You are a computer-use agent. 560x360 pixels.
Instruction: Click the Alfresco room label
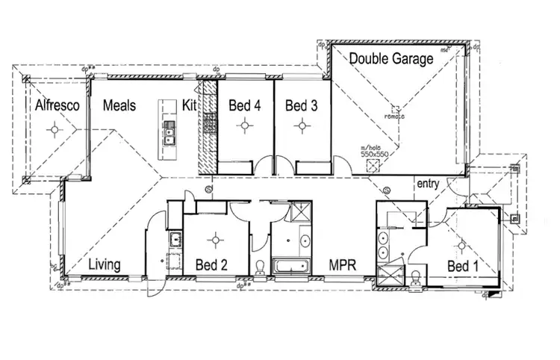57,106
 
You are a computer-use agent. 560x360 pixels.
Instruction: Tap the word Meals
119,106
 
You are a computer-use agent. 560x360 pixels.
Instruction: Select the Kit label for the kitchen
189,106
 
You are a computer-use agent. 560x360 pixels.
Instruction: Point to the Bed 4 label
244,106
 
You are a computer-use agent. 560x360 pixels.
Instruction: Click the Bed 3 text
302,106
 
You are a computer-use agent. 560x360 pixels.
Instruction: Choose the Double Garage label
391,59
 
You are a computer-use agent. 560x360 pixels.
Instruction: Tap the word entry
428,183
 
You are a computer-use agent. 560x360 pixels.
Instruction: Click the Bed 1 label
464,266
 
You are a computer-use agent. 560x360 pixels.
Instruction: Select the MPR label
343,265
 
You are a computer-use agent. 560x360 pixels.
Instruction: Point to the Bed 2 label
211,265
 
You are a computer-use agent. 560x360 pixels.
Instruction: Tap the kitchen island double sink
169,135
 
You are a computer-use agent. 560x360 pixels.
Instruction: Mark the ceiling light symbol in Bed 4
244,126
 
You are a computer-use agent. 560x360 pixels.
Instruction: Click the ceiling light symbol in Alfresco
54,131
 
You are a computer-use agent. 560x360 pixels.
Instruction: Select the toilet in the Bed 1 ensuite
415,277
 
